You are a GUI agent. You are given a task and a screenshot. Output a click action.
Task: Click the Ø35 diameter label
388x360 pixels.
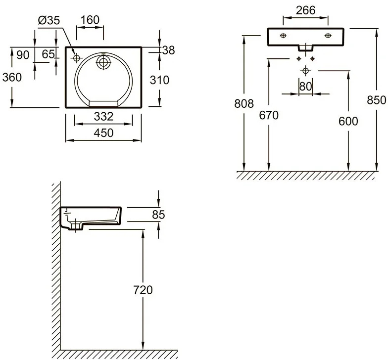tap(49, 20)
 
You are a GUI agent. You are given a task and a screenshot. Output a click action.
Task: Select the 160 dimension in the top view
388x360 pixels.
tap(90, 20)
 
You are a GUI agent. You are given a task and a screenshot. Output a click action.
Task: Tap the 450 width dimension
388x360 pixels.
tap(104, 133)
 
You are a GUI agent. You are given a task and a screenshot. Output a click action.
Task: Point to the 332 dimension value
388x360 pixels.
tap(104, 117)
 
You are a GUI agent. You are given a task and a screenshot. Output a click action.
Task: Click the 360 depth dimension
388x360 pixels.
tap(12, 77)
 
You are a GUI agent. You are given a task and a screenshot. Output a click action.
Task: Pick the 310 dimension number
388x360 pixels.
tap(159, 80)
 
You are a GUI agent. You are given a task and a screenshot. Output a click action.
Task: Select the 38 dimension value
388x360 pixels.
tap(168, 50)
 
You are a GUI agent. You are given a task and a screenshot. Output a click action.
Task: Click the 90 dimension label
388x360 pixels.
tap(23, 55)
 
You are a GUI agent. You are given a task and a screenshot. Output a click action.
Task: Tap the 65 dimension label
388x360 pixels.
tap(48, 54)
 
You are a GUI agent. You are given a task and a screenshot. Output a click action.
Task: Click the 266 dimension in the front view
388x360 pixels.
tap(306, 10)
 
